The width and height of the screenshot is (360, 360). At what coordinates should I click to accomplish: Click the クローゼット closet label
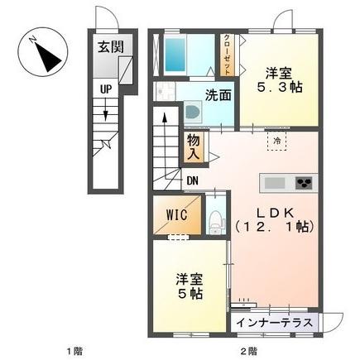click(227, 54)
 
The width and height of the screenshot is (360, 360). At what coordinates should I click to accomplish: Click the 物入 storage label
click(193, 146)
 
